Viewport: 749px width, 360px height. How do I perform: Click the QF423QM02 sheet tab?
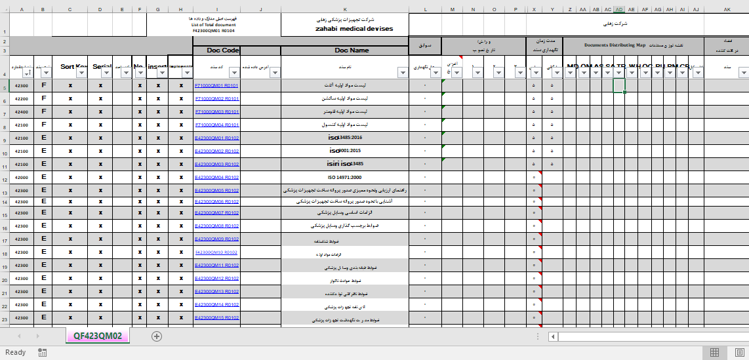98,336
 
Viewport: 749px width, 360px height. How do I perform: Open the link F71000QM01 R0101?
216,86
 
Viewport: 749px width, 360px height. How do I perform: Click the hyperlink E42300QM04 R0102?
216,178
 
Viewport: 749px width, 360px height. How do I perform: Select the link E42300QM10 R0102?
216,252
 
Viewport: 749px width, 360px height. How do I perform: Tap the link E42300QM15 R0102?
216,318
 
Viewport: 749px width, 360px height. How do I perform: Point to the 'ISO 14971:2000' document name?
344,178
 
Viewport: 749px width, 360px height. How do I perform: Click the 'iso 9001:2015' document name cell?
344,151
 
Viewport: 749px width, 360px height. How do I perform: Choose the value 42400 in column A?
21,112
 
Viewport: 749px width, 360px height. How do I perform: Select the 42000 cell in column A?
21,178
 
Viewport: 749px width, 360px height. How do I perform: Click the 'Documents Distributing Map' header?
615,45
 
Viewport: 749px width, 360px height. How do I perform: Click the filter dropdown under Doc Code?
234,73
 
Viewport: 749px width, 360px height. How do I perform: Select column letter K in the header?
344,10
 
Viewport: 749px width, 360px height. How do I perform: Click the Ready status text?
15,353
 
